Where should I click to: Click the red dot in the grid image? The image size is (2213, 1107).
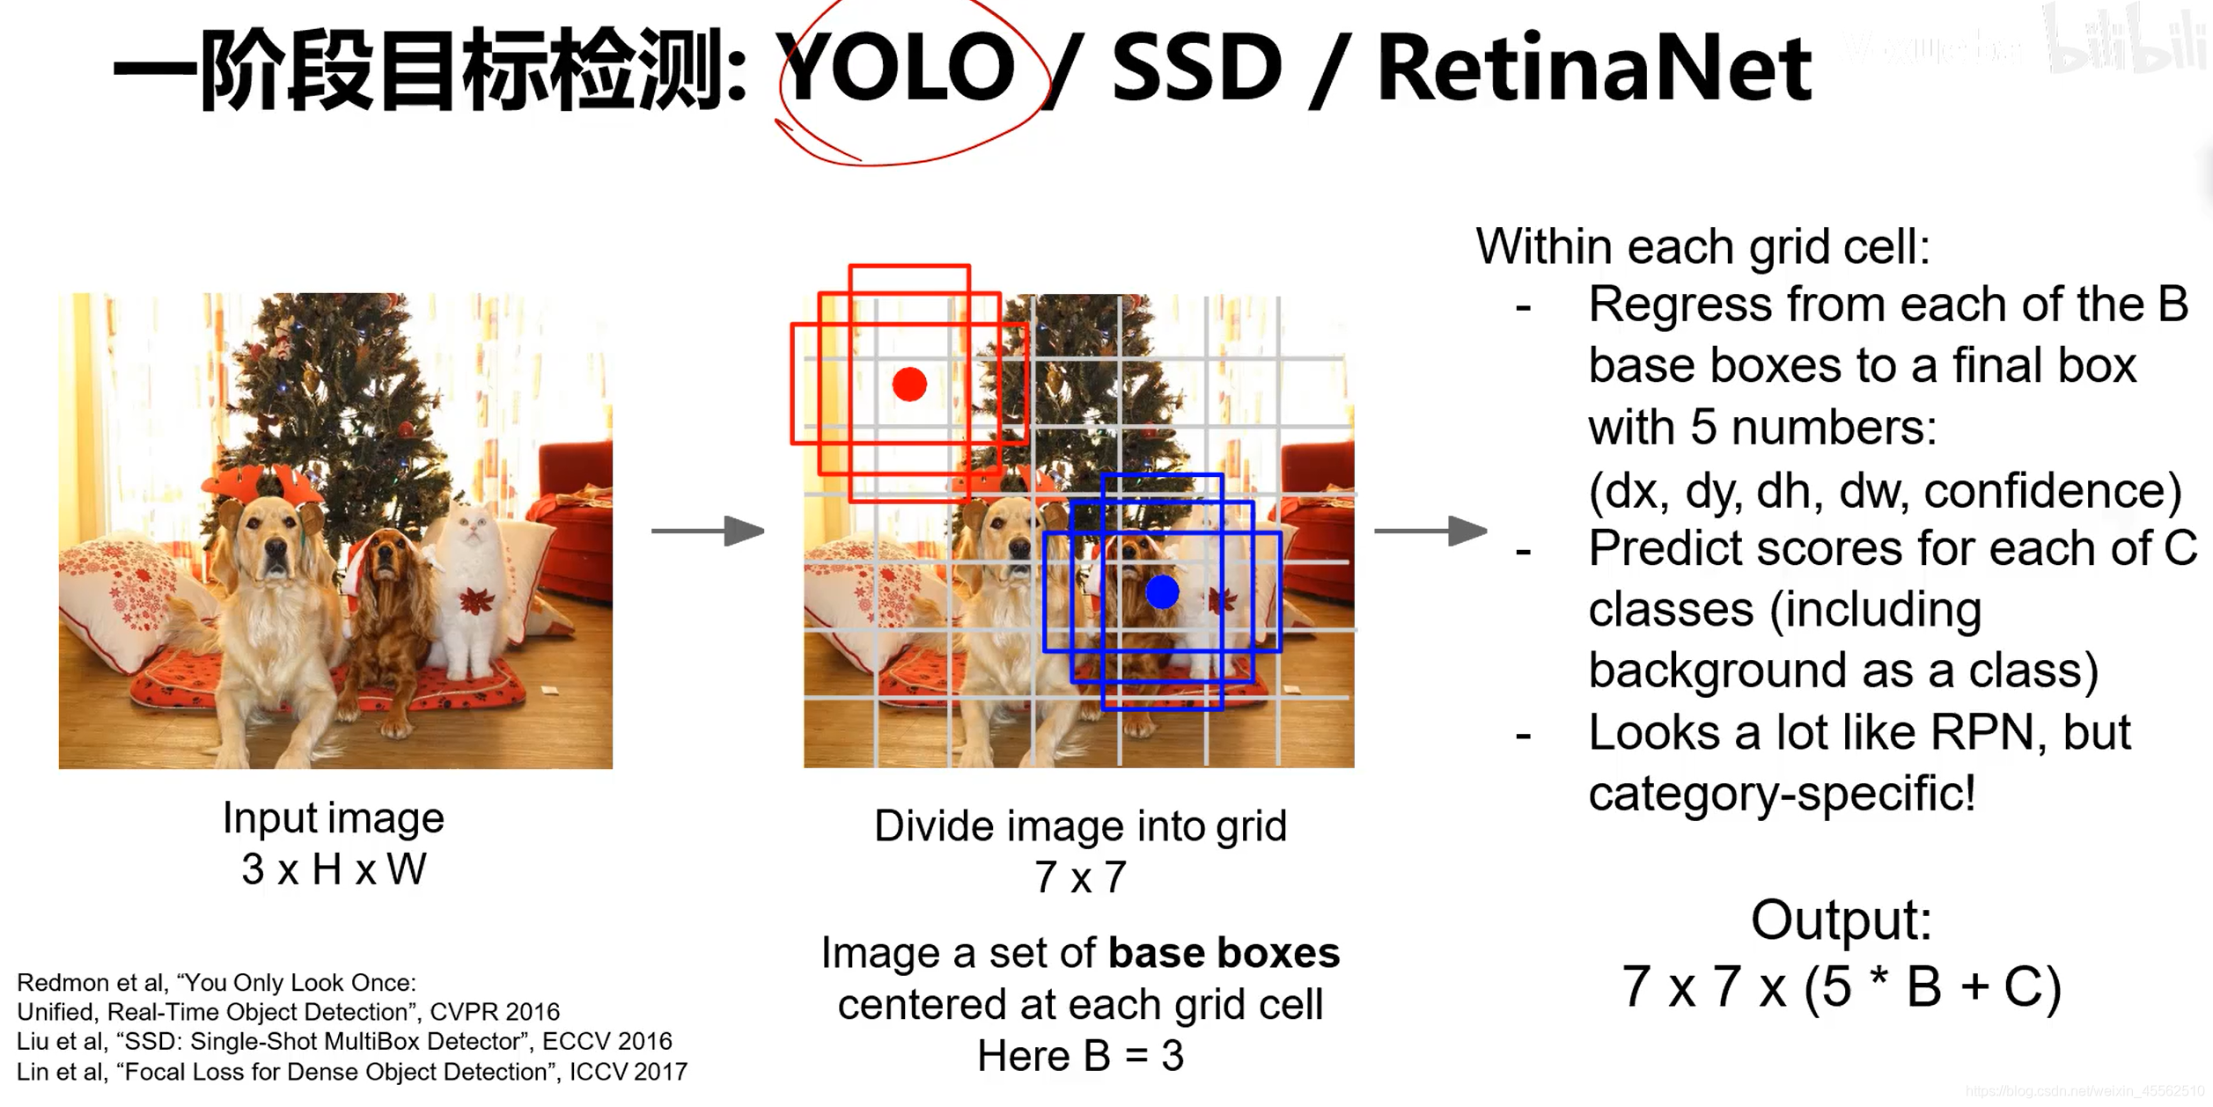pos(909,385)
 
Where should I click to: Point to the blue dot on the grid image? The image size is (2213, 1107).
pos(1162,592)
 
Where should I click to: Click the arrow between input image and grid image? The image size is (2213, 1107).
pos(708,531)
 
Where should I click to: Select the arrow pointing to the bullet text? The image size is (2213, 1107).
pos(1430,531)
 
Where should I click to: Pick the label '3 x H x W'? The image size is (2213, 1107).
pos(334,869)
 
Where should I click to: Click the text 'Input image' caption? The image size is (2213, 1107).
pos(334,818)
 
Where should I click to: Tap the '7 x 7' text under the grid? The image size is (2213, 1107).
pos(1080,877)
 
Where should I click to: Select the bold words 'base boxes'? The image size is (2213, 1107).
pos(1224,953)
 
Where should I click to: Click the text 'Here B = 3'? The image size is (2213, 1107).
pos(1080,1056)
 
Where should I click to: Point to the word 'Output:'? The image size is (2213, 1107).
pos(1841,920)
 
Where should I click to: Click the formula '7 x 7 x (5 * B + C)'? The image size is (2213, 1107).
pos(1841,986)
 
